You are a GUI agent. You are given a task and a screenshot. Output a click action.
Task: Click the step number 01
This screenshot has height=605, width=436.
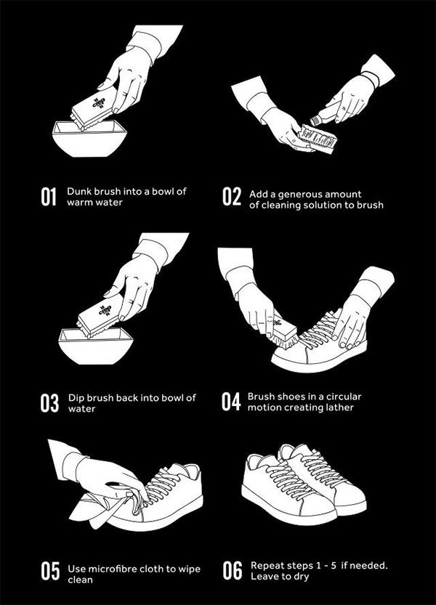(49, 197)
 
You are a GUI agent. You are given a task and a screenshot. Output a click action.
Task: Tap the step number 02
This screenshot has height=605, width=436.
(232, 196)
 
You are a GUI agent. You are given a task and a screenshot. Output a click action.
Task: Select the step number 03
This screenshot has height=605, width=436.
(49, 403)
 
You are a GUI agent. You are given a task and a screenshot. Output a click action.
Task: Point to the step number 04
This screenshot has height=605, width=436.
(231, 402)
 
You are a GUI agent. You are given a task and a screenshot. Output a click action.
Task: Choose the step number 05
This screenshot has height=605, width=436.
(50, 571)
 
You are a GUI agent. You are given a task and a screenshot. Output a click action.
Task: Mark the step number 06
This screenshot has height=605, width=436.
(232, 571)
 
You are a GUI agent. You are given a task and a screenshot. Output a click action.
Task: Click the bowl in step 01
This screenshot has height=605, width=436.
(89, 139)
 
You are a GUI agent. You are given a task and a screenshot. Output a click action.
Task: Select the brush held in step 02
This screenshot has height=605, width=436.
(318, 138)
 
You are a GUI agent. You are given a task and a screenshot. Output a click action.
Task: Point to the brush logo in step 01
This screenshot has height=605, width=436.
(99, 102)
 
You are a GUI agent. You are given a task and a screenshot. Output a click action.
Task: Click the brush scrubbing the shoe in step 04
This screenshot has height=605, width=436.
(285, 333)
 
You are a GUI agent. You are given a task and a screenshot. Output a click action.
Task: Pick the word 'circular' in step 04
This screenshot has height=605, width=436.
(344, 397)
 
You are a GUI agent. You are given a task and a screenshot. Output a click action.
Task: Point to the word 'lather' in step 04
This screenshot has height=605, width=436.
(341, 407)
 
